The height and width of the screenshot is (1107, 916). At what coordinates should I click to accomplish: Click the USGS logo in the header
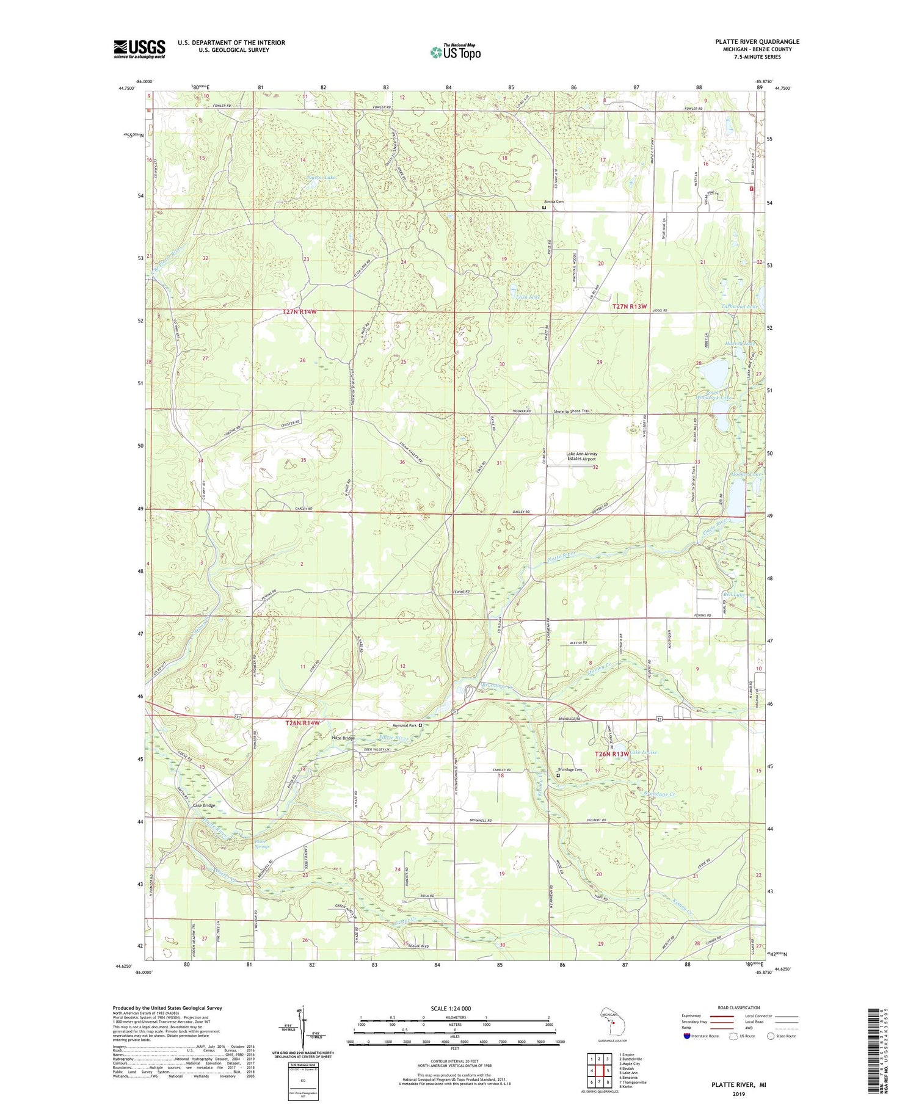tap(139, 49)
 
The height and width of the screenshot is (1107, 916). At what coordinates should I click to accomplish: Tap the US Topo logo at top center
tap(456, 53)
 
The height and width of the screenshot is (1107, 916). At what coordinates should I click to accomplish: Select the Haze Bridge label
tap(343, 738)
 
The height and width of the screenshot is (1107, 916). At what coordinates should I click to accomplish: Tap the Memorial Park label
tap(405, 725)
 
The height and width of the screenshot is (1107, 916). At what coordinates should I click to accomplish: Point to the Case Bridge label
tap(204, 805)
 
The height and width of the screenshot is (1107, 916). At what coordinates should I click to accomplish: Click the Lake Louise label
tap(644, 752)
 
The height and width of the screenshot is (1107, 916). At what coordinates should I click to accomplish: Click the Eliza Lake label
tap(528, 297)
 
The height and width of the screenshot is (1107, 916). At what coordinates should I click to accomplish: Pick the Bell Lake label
tap(733, 593)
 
